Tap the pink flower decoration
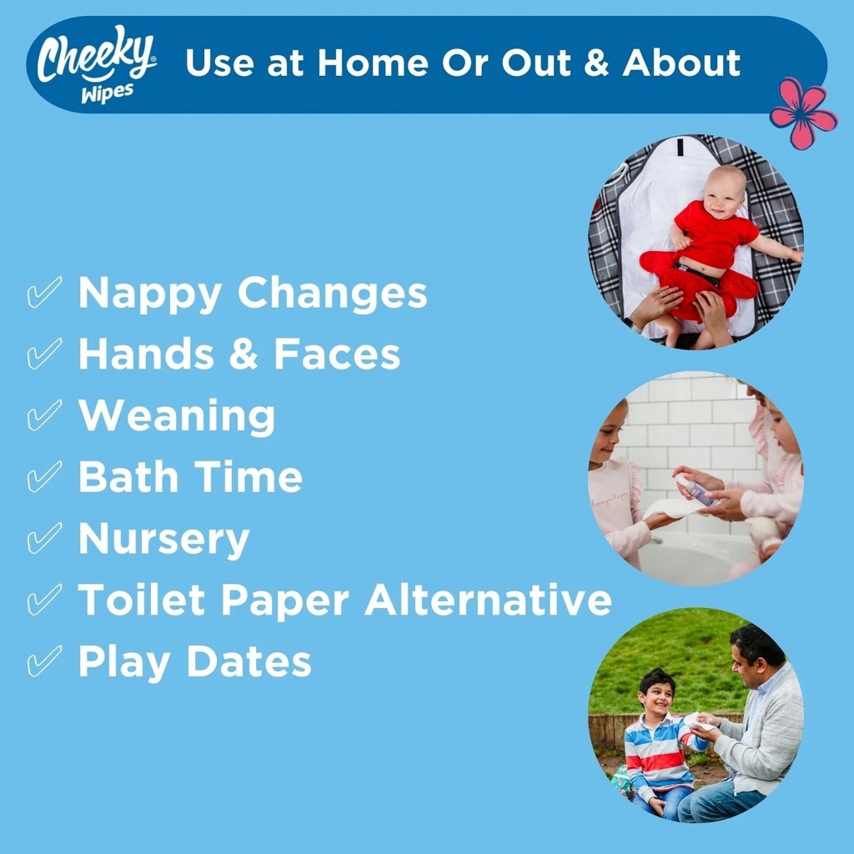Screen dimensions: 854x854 pos(803,113)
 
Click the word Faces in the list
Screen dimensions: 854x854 pos(337,354)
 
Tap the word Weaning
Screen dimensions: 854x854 pos(177,417)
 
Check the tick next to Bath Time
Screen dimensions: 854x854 pos(44,476)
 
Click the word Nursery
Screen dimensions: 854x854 pos(164,540)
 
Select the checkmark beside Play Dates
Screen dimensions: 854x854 pos(44,661)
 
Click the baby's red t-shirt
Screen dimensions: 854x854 pos(714,234)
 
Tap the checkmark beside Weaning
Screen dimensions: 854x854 pos(44,415)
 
